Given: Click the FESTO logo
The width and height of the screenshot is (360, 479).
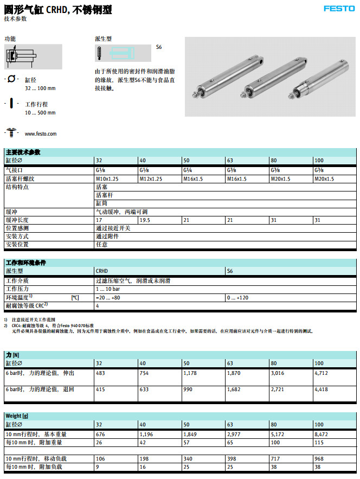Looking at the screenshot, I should (x=339, y=8).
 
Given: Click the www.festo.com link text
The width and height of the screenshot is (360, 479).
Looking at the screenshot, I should (x=41, y=133).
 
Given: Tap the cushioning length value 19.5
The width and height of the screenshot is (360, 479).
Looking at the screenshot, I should (x=145, y=220).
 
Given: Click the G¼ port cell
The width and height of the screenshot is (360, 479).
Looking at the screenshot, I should (x=187, y=170).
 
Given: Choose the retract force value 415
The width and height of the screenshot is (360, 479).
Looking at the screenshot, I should (x=100, y=389).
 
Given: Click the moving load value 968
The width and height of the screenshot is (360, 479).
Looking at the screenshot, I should (x=319, y=458).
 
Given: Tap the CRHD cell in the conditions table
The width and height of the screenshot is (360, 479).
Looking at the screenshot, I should (x=102, y=270).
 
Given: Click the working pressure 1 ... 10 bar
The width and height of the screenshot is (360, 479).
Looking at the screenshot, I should (x=108, y=290).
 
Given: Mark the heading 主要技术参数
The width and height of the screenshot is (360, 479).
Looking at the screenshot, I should (x=23, y=152).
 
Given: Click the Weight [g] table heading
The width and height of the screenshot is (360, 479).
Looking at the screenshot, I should (x=17, y=416).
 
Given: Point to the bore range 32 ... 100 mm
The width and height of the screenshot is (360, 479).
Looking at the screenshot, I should (x=40, y=88).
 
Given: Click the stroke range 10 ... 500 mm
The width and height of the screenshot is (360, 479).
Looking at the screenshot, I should (x=40, y=113).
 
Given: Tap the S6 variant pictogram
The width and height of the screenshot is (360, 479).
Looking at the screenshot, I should (x=124, y=53).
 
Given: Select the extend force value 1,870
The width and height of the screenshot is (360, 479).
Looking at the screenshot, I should (x=234, y=373).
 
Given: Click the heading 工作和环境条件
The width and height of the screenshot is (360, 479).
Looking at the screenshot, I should (x=25, y=263).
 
